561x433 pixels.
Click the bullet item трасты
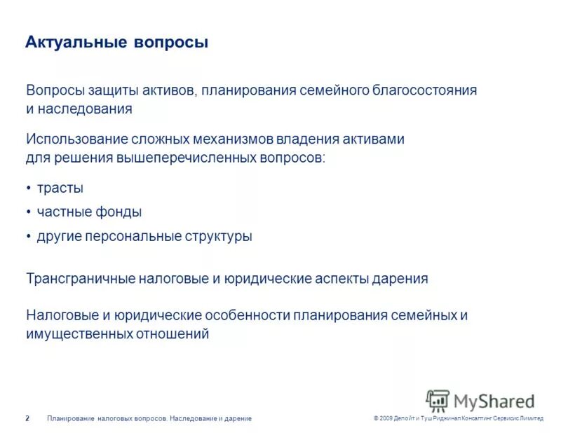click(60, 188)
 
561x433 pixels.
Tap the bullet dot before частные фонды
click(29, 212)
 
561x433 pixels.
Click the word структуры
click(217, 236)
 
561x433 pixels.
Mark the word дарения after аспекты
click(401, 278)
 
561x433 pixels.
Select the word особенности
click(248, 315)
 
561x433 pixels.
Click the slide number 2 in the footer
click(27, 418)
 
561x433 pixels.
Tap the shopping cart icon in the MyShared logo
click(438, 401)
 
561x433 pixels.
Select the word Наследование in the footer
click(194, 418)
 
